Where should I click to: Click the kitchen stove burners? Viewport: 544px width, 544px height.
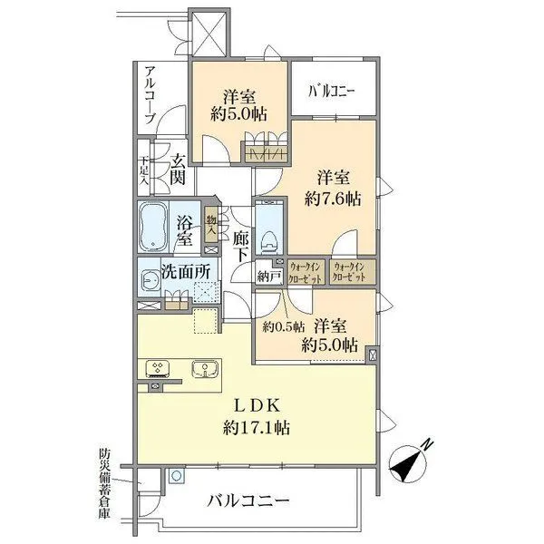[x=156, y=368]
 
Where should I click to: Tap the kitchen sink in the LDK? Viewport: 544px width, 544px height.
[x=206, y=368]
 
